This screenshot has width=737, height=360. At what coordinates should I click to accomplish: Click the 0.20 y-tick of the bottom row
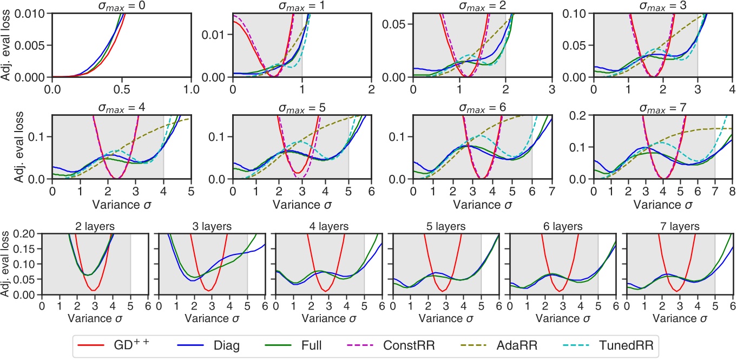[x=28, y=234]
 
